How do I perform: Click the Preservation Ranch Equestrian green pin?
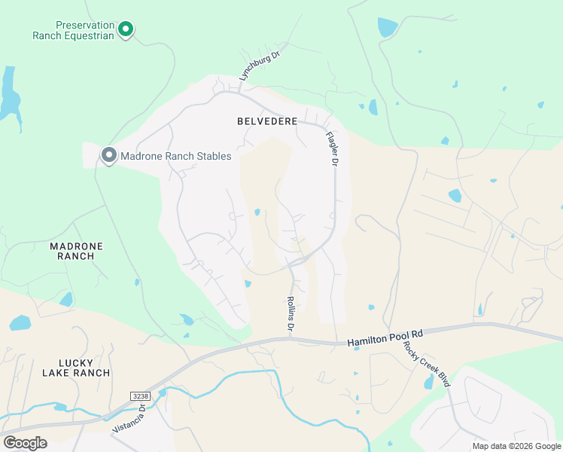pos(126,29)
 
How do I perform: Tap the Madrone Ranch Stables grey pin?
pos(108,156)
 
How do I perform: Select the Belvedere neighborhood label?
pos(267,121)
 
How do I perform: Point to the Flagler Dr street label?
pos(333,149)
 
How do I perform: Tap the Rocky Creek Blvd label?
pos(427,364)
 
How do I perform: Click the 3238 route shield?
pos(140,395)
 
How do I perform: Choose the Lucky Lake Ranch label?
pos(76,367)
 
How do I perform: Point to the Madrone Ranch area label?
pos(76,251)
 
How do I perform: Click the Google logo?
pos(25,443)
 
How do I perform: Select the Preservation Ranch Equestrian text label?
pos(73,29)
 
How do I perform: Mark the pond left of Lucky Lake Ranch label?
pos(20,324)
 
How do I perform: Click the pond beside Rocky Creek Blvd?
pos(428,383)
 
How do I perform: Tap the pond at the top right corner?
pos(387,28)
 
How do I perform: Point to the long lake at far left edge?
pos(8,93)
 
